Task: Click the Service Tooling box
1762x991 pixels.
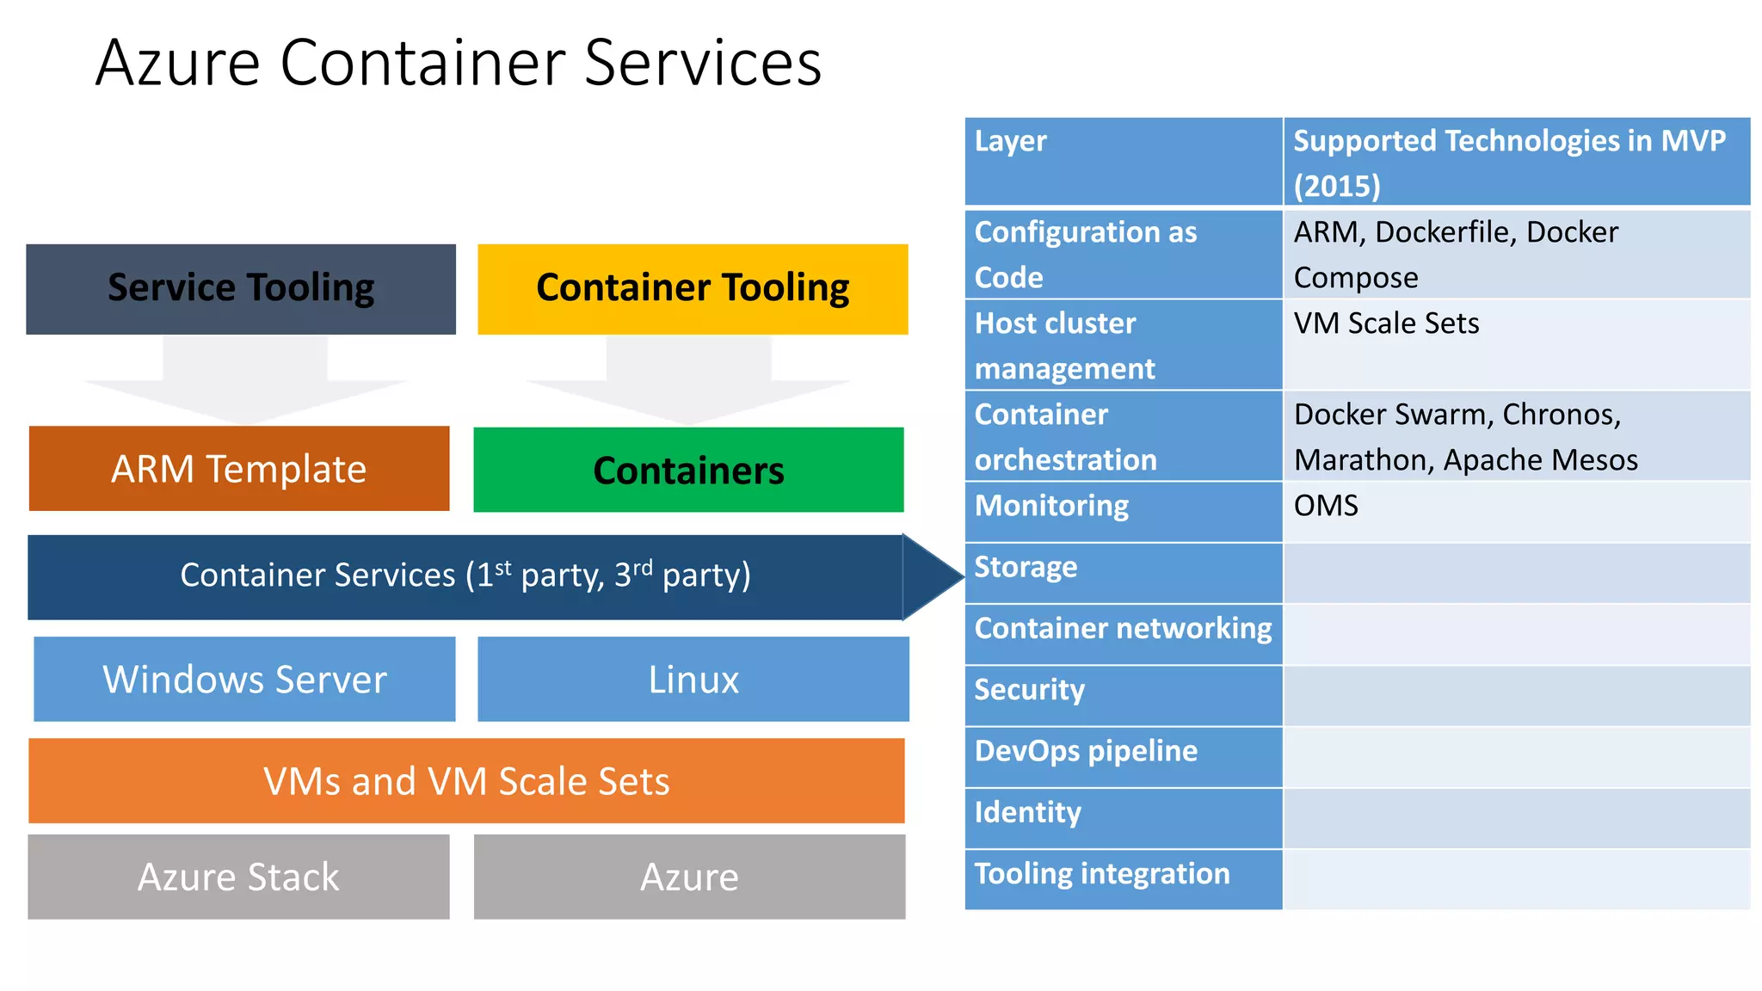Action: click(x=241, y=289)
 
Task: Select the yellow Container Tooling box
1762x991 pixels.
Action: click(x=693, y=289)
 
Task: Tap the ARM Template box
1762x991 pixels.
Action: click(x=239, y=469)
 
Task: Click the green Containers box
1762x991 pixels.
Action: click(x=688, y=470)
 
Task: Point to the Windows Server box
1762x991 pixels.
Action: click(x=244, y=679)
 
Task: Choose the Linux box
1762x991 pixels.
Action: click(x=693, y=679)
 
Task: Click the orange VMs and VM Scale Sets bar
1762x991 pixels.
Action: click(x=466, y=781)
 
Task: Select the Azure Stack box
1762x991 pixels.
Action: click(x=238, y=877)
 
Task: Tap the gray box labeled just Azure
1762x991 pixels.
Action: click(x=689, y=877)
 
